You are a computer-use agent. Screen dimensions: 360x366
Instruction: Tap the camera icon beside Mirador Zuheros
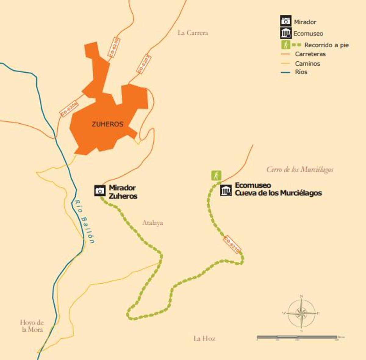[100, 191]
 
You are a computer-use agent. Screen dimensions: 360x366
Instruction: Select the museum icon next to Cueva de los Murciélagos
[226, 191]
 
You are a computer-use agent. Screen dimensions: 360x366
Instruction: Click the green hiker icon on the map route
[216, 176]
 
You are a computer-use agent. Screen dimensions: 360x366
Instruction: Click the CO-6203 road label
[144, 64]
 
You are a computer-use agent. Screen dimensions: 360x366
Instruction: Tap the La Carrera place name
[193, 33]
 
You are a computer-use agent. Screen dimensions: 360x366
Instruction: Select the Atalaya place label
[152, 223]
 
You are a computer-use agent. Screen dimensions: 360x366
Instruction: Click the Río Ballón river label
[84, 221]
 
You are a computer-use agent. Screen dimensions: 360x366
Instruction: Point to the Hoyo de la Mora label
[32, 326]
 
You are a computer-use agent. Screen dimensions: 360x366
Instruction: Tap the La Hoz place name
[204, 338]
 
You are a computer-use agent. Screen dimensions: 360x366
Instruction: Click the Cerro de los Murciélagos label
[300, 169]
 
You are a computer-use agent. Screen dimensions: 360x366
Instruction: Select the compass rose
[301, 313]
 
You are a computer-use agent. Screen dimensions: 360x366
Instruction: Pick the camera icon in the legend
[286, 21]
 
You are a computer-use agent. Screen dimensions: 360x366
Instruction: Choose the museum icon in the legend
[286, 33]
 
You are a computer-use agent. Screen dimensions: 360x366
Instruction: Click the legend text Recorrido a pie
[326, 45]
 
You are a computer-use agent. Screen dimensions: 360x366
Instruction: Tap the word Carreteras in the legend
[310, 54]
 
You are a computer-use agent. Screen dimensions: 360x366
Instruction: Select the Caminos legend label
[307, 64]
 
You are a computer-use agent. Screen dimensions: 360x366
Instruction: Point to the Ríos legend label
[301, 72]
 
